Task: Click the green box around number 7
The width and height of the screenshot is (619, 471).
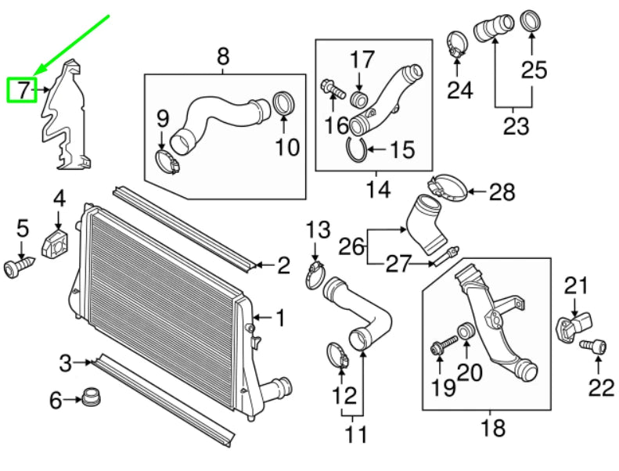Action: click(22, 91)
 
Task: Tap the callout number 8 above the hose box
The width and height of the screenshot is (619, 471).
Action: click(223, 56)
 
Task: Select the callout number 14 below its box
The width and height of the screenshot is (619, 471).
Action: click(376, 189)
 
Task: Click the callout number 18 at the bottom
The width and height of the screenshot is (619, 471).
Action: click(495, 428)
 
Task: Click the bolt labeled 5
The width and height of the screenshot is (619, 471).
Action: click(20, 267)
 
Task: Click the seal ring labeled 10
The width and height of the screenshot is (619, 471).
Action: click(283, 103)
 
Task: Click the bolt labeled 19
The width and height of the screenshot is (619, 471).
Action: click(441, 345)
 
